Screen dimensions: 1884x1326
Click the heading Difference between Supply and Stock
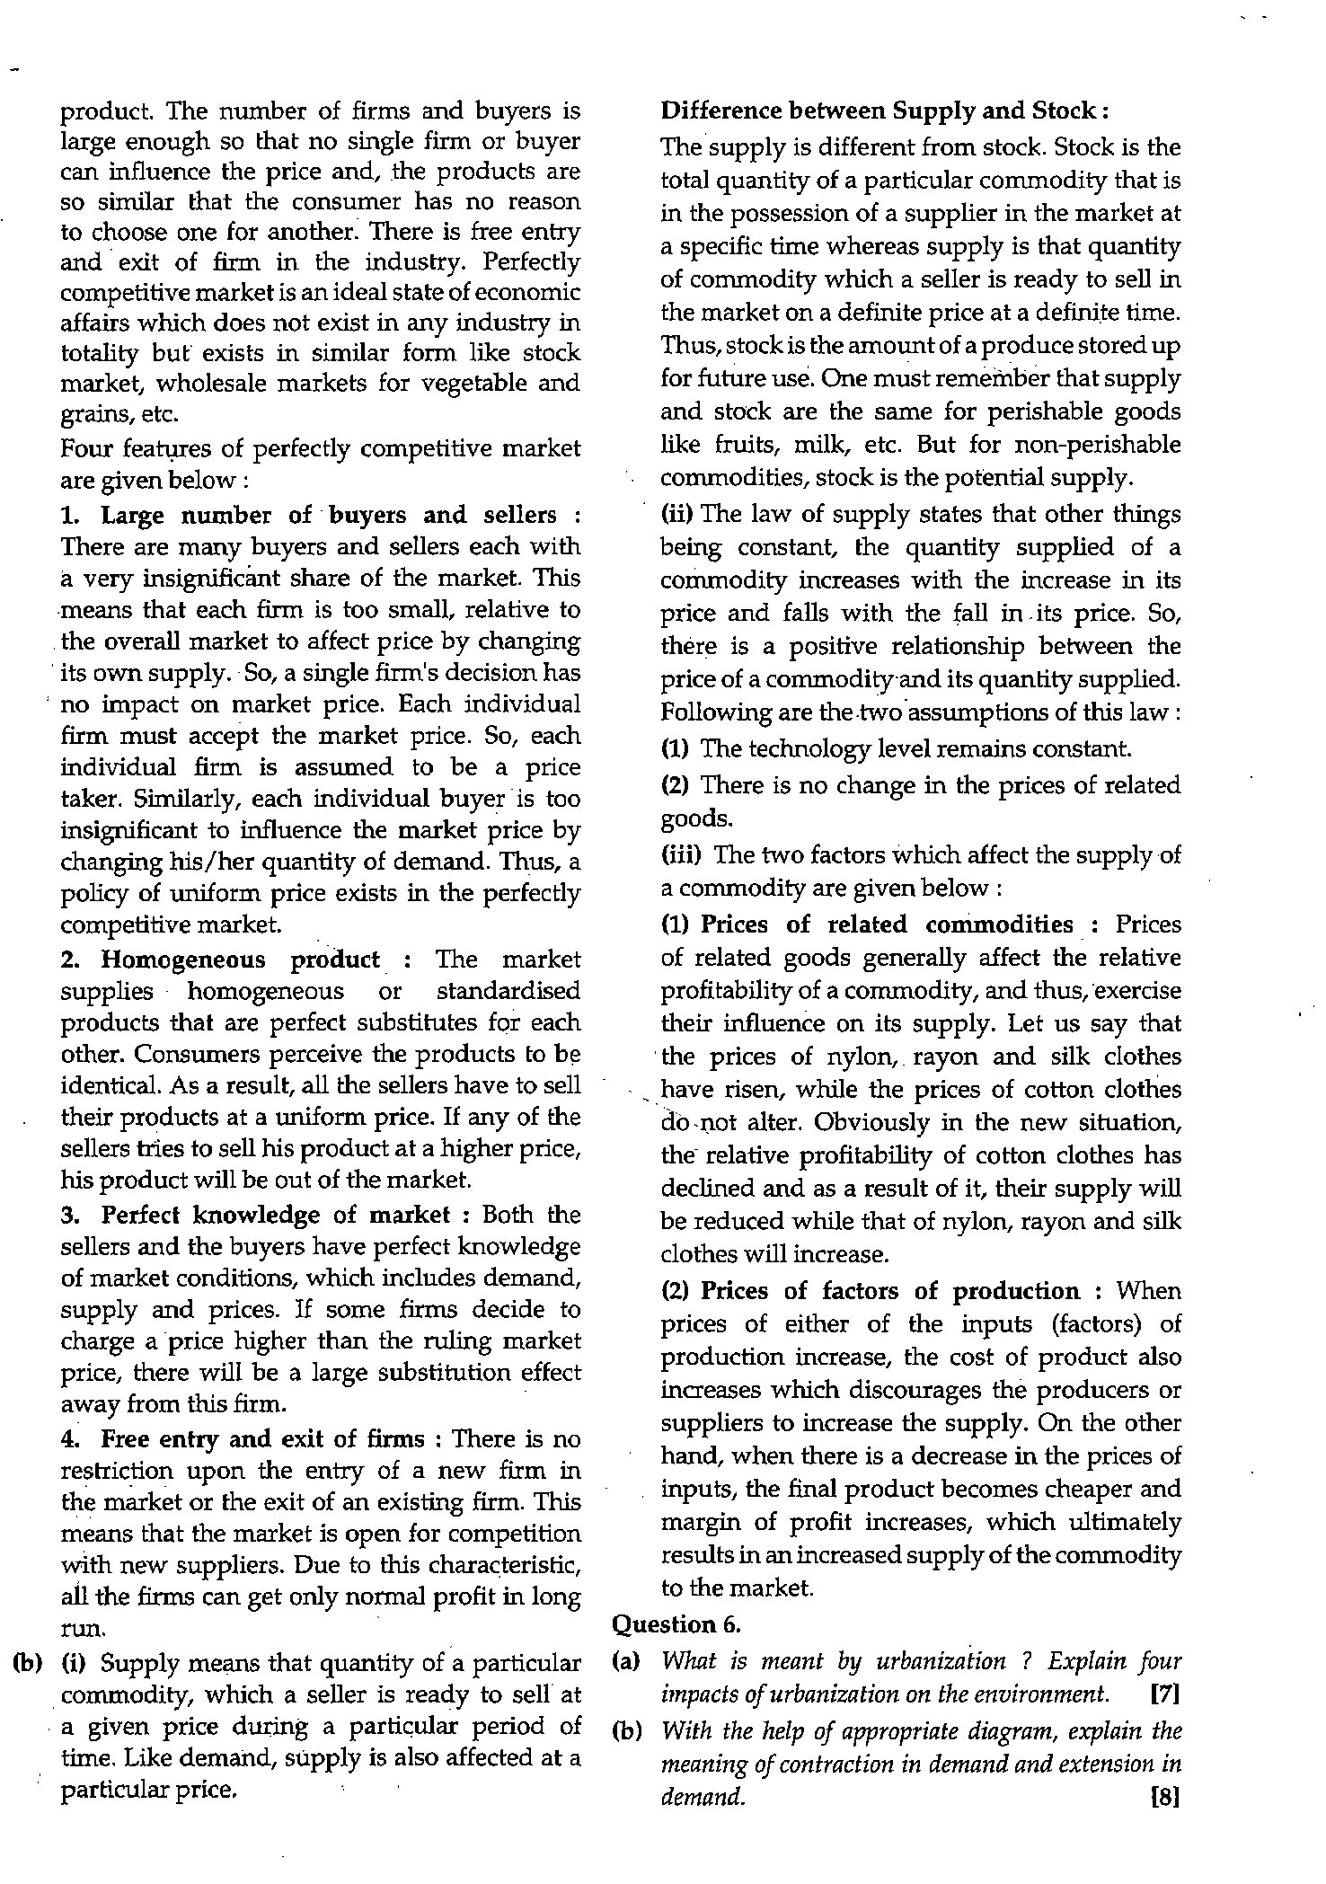tap(884, 111)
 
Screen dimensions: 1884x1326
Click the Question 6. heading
tap(676, 1624)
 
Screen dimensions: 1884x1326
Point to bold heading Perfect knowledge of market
tap(276, 1215)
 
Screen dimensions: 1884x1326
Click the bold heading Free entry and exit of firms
tap(262, 1439)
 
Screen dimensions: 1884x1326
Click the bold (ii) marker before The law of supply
tap(676, 514)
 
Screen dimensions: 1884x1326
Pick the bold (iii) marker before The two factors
tap(680, 854)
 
